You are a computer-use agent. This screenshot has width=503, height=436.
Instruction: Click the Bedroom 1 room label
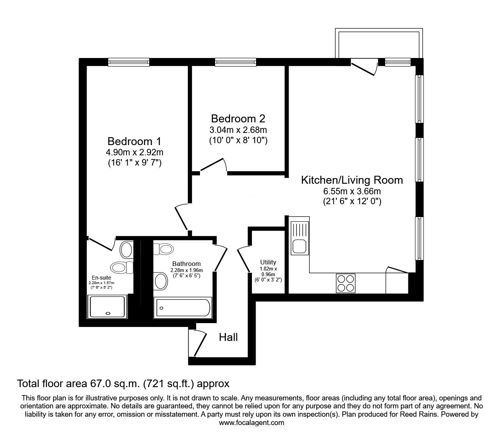134,141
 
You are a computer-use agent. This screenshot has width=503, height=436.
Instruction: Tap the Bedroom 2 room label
238,119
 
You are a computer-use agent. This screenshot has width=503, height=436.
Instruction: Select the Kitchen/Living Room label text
352,180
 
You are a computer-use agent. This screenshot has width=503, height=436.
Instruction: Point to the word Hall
228,337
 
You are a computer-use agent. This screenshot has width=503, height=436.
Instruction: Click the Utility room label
268,262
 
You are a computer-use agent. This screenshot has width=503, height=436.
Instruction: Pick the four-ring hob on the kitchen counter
345,283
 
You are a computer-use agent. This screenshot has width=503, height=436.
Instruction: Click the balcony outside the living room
379,44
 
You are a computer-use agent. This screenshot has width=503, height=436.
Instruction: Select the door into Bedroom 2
214,166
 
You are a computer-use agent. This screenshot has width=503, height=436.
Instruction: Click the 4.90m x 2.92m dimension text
134,153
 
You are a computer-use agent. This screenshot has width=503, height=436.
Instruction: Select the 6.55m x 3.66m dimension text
352,191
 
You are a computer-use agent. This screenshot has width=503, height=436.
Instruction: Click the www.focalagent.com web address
251,423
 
